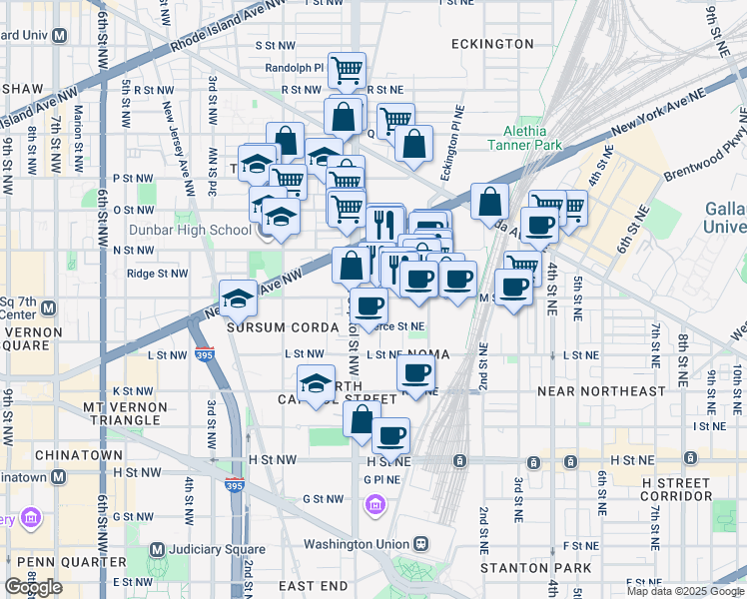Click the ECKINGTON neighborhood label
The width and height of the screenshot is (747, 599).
tap(492, 44)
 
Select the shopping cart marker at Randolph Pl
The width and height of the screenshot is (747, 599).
tap(347, 71)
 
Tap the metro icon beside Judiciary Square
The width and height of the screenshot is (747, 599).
tap(157, 549)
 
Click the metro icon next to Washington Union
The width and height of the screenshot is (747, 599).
tap(422, 544)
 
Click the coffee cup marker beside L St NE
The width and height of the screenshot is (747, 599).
tap(415, 373)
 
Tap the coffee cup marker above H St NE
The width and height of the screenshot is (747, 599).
tap(390, 435)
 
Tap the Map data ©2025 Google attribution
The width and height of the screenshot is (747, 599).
tap(684, 591)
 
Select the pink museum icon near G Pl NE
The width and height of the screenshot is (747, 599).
tap(375, 507)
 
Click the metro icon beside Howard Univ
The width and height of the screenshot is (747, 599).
tap(59, 35)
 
